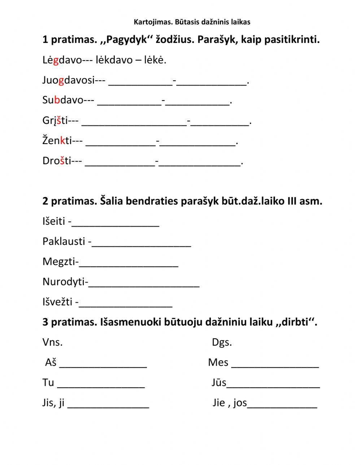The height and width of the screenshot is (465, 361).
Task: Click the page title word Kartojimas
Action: pyautogui.click(x=153, y=22)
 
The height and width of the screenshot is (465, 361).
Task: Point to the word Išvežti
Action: pyautogui.click(x=57, y=301)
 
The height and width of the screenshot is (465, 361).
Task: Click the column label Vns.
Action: pyautogui.click(x=52, y=342)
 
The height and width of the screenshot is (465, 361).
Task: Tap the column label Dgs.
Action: pyautogui.click(x=222, y=342)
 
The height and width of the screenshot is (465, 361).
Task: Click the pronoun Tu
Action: pyautogui.click(x=48, y=382)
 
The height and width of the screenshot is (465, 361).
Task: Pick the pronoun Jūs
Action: pyautogui.click(x=219, y=382)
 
